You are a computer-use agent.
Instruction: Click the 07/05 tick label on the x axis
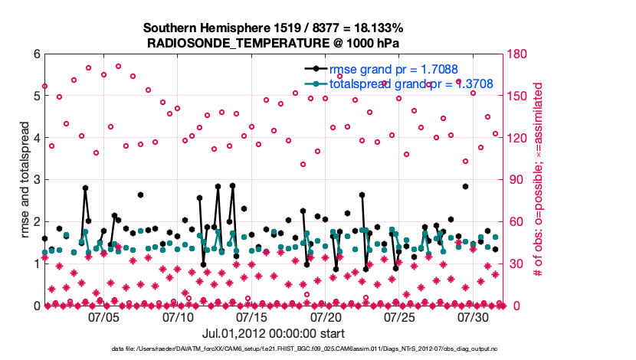pyautogui.click(x=103, y=316)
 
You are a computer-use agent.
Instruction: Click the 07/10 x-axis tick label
pyautogui.click(x=178, y=316)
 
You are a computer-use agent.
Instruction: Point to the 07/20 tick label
pyautogui.click(x=326, y=316)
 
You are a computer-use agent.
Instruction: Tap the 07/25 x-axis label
pyautogui.click(x=400, y=316)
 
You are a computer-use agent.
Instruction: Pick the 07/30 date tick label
pyautogui.click(x=474, y=316)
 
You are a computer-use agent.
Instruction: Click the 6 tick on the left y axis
pyautogui.click(x=36, y=54)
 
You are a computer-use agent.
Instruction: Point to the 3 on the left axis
pyautogui.click(x=36, y=180)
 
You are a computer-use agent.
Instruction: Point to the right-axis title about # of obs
pyautogui.click(x=539, y=180)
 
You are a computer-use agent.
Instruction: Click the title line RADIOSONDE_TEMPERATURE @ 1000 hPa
pyautogui.click(x=273, y=43)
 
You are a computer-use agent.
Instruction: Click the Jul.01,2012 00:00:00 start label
pyautogui.click(x=273, y=333)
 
